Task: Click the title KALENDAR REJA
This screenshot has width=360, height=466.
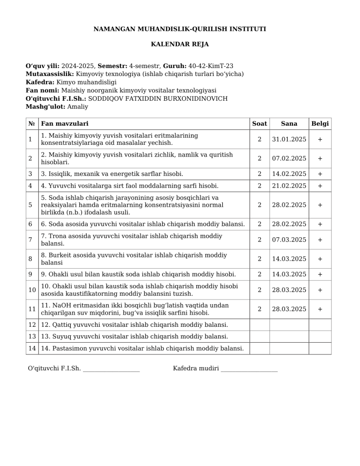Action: pos(180,45)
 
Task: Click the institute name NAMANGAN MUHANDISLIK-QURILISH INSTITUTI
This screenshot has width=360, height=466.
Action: pos(180,29)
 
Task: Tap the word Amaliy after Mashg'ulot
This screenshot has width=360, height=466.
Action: pos(78,106)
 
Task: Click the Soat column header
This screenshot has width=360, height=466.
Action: pos(259,124)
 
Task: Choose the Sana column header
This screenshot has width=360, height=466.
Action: pos(289,124)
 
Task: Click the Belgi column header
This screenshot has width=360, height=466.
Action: pos(320,124)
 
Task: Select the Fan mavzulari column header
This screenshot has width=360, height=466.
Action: pos(65,124)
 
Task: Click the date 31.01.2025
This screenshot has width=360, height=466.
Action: pos(289,139)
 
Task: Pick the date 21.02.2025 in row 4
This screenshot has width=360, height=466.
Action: pos(289,186)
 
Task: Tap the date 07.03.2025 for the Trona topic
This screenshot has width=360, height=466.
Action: pos(289,240)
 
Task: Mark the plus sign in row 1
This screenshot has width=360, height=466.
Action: pos(320,139)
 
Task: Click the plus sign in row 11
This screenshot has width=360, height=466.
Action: pos(320,309)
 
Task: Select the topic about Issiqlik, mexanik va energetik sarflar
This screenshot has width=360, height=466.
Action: pos(112,174)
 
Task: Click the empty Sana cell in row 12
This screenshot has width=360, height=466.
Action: pos(289,325)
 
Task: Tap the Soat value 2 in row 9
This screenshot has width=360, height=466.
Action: pos(259,274)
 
